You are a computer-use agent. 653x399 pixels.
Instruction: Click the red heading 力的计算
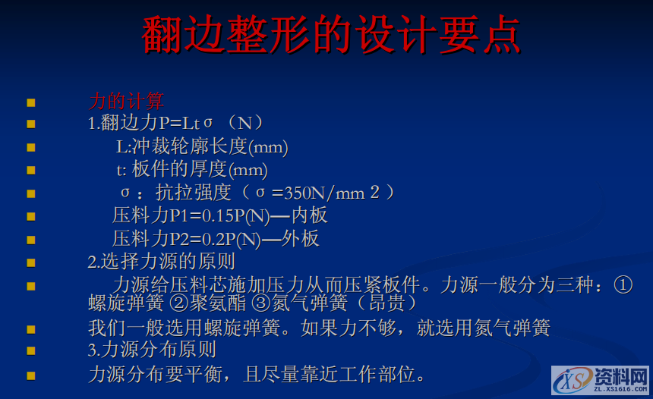pyautogui.click(x=126, y=101)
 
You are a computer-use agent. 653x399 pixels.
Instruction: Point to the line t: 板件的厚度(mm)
pyautogui.click(x=191, y=169)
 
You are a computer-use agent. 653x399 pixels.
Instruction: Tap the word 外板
pyautogui.click(x=301, y=239)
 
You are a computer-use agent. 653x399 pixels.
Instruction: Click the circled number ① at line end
pyautogui.click(x=622, y=285)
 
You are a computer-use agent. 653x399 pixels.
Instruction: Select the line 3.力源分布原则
pyautogui.click(x=152, y=350)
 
